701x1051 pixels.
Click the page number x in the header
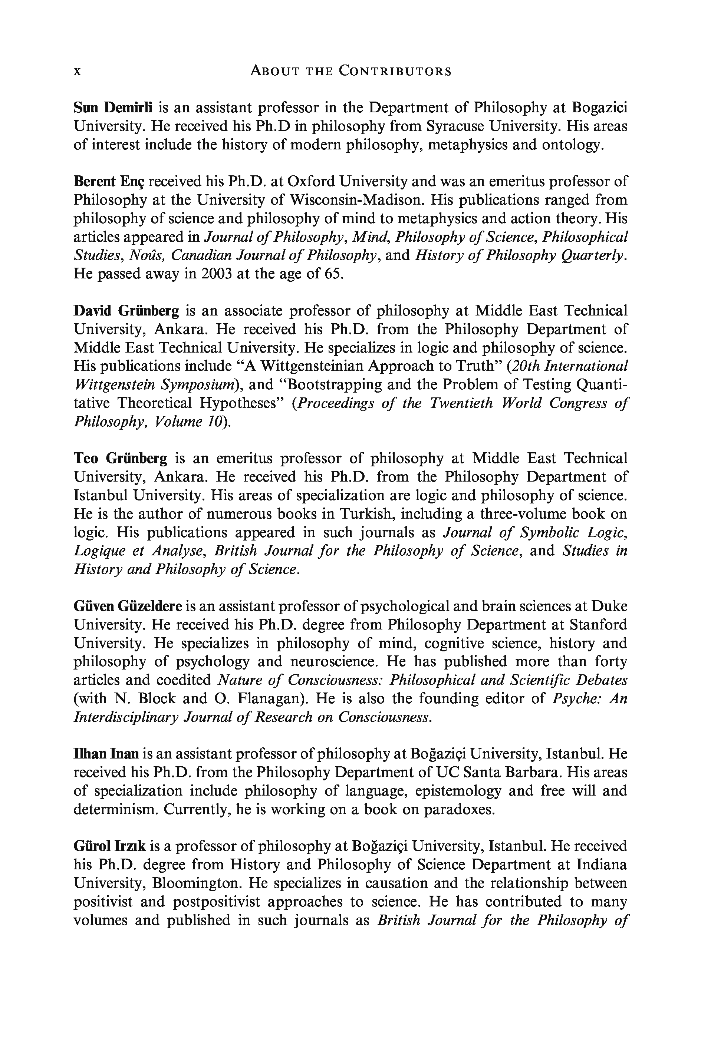77,72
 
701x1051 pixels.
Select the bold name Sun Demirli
113,108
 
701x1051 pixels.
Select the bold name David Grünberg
126,311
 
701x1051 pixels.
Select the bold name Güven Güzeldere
128,607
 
